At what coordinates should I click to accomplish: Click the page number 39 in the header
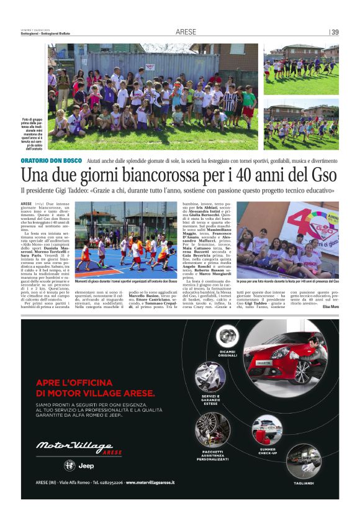[335, 32]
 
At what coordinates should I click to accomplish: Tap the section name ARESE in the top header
[186, 32]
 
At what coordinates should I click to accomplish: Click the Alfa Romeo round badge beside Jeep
[72, 466]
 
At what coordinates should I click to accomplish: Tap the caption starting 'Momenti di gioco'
[136, 281]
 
